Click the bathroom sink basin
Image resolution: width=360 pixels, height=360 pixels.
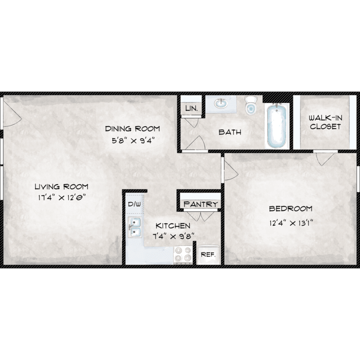[x=221, y=103]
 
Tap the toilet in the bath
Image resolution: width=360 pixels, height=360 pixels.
[x=250, y=105]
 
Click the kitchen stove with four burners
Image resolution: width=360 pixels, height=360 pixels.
[x=183, y=255]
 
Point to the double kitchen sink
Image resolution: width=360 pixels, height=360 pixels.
[x=135, y=227]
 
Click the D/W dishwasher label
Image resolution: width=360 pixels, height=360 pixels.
[x=134, y=204]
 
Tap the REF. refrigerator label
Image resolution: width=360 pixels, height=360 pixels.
[x=208, y=254]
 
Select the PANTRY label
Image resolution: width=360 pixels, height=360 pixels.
[x=201, y=204]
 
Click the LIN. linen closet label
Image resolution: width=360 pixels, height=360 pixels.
[x=192, y=108]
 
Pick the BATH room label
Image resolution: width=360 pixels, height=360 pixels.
[x=230, y=132]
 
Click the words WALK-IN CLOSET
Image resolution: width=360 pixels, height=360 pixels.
[x=325, y=122]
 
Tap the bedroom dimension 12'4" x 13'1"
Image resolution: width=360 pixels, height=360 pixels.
[x=291, y=223]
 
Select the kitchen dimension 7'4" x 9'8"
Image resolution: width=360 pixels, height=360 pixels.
[x=173, y=236]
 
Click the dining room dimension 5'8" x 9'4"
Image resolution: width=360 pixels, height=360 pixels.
[x=132, y=140]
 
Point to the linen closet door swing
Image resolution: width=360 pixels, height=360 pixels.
[x=191, y=123]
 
